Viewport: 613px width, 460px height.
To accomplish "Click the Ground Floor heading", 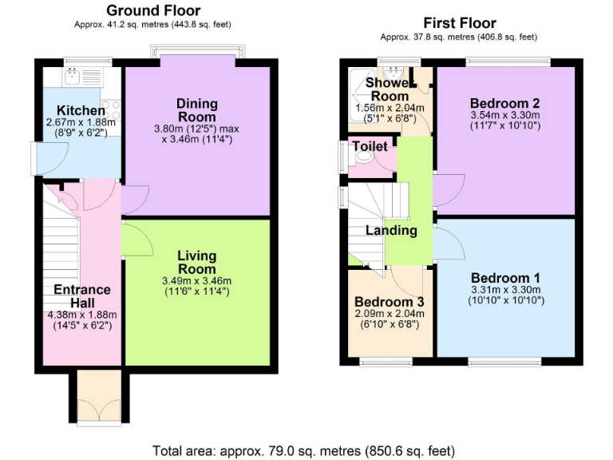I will pyautogui.click(x=153, y=10).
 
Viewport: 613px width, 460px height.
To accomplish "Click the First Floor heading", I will pyautogui.click(x=459, y=23).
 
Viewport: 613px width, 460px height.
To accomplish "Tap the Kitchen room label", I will pyautogui.click(x=80, y=110).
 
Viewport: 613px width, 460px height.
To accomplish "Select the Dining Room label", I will pyautogui.click(x=196, y=110).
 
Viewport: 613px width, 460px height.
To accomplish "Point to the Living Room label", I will pyautogui.click(x=196, y=262).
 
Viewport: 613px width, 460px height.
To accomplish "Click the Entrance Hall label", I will pyautogui.click(x=82, y=296).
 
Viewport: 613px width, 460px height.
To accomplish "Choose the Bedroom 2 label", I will pyautogui.click(x=505, y=103).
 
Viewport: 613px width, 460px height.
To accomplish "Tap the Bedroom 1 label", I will pyautogui.click(x=505, y=278).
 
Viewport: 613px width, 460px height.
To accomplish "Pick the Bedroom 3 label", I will pyautogui.click(x=390, y=302).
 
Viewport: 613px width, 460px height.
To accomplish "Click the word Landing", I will pyautogui.click(x=391, y=231).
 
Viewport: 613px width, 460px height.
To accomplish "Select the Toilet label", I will pyautogui.click(x=370, y=147).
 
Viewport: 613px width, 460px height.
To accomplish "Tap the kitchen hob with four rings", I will pyautogui.click(x=111, y=109).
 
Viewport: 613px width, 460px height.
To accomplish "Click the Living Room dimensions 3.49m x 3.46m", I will pyautogui.click(x=196, y=280).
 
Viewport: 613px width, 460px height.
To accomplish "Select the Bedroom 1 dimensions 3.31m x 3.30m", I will pyautogui.click(x=505, y=290).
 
